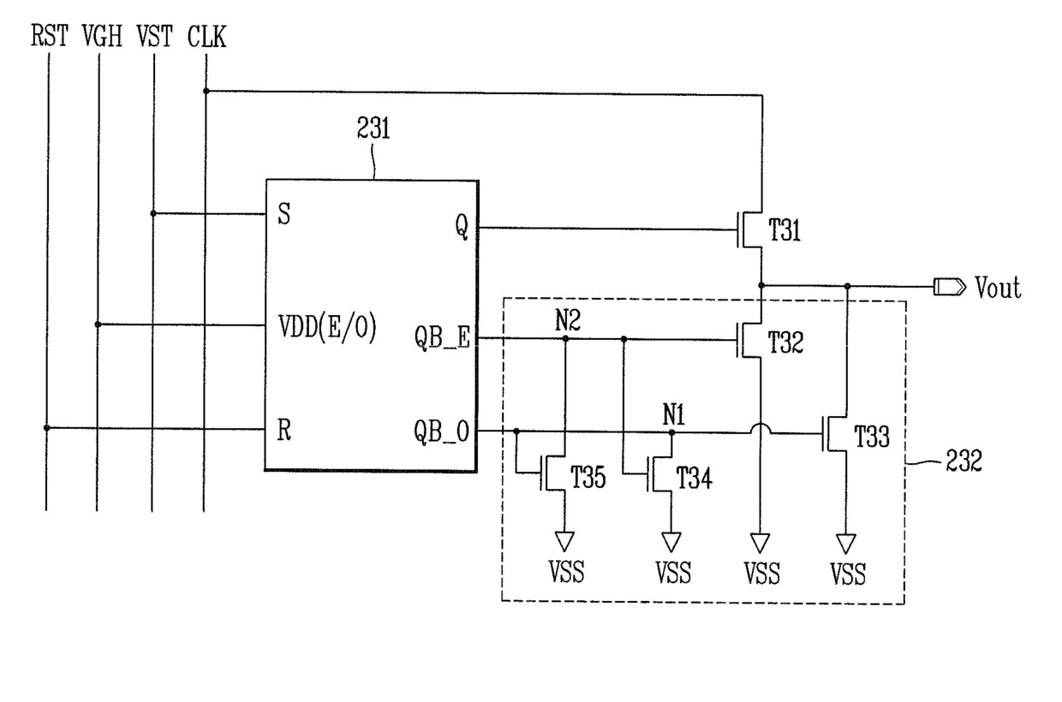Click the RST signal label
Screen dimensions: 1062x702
point(50,36)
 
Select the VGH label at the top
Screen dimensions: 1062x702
point(103,36)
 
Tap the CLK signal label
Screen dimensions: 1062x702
point(206,36)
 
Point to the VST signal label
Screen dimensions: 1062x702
point(154,36)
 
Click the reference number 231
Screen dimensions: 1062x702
point(373,128)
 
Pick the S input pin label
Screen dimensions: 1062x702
point(284,214)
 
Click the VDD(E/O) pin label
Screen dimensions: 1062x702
point(327,327)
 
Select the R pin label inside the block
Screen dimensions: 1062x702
point(284,431)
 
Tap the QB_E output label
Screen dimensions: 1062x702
point(442,338)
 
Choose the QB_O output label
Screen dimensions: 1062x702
point(441,431)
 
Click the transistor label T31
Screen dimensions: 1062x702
point(785,231)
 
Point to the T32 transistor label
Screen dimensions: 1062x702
point(785,342)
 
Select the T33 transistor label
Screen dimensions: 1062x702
point(871,437)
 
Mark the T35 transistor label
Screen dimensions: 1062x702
point(588,478)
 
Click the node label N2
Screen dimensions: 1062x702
point(568,321)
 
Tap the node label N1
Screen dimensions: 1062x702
point(673,416)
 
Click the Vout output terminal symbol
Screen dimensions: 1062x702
point(950,287)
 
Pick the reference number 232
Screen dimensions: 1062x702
point(964,461)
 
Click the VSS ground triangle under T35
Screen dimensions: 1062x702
point(564,541)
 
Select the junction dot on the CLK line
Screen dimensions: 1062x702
point(206,91)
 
